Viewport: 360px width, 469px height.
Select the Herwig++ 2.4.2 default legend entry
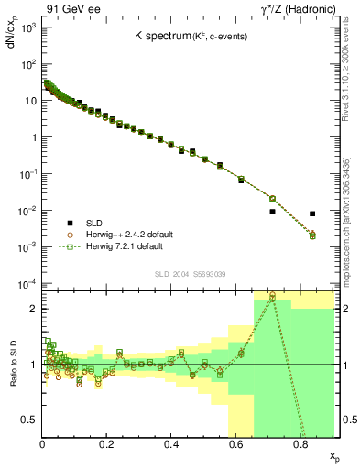(125, 234)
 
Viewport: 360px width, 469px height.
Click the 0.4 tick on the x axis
(171, 444)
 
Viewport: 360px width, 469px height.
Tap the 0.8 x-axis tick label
(300, 444)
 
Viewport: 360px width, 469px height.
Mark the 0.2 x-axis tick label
(106, 444)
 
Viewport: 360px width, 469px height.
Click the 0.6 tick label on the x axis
(235, 444)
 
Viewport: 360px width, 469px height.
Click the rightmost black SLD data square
(312, 213)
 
